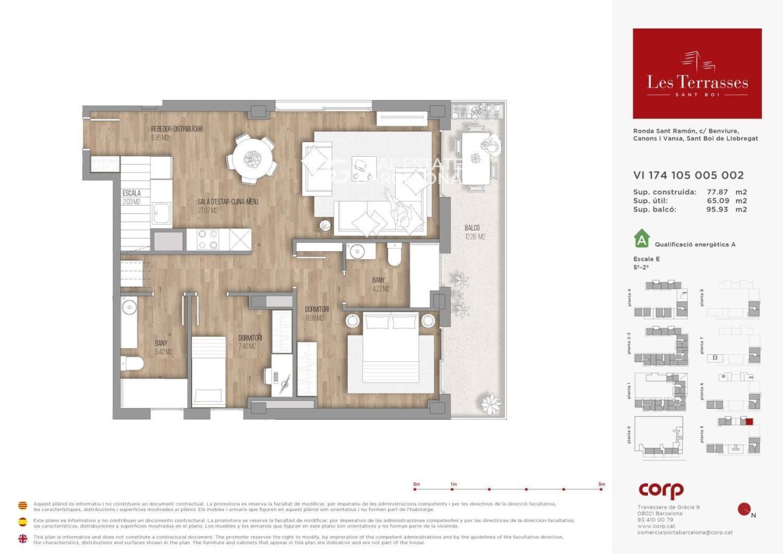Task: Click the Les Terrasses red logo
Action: tap(697, 73)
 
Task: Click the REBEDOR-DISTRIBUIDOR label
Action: tap(177, 129)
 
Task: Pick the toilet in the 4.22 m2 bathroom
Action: tap(395, 254)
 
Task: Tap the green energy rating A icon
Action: tap(641, 237)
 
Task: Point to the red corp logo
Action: tap(661, 490)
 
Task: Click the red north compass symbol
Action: tap(744, 509)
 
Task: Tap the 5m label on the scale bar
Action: tap(601, 484)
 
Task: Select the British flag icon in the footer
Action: tap(23, 539)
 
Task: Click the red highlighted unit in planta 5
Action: tap(749, 421)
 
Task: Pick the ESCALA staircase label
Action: tap(132, 193)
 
